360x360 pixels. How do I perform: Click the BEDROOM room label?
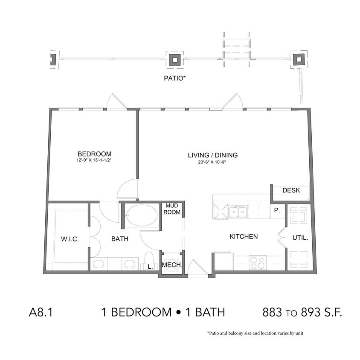[94, 154]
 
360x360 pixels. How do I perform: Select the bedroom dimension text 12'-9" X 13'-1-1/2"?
[94, 161]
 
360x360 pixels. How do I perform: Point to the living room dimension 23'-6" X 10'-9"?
[212, 162]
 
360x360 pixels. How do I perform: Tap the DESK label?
[291, 190]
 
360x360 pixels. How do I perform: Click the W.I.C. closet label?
[70, 239]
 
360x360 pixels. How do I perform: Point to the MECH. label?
[172, 266]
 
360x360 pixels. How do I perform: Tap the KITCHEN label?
[244, 236]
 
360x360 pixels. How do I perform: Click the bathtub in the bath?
[142, 216]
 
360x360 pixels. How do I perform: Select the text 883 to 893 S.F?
[302, 313]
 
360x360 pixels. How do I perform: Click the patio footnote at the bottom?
[255, 333]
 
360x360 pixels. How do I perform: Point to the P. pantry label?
[276, 210]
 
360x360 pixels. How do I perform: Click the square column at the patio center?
[174, 59]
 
